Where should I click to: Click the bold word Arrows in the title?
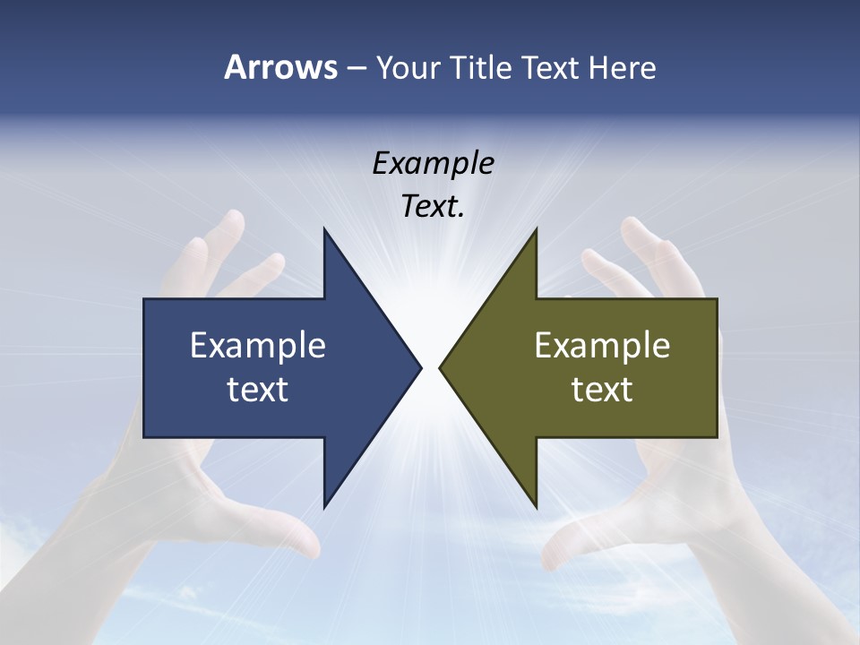coord(280,67)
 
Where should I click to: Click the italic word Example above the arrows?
coord(433,163)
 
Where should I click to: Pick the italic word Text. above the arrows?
coord(433,207)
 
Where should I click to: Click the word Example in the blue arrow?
coord(258,345)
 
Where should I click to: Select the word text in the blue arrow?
coord(258,389)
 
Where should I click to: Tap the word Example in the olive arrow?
coord(602,345)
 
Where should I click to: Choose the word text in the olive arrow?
coord(602,389)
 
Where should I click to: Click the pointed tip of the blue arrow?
coord(420,367)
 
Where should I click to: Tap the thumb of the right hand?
coord(573,537)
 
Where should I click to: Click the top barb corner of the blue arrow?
coord(324,230)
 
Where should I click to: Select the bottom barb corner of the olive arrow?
coord(536,505)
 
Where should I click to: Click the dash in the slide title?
coord(356,68)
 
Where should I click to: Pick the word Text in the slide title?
coord(552,67)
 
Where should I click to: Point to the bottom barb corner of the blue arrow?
coord(324,505)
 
